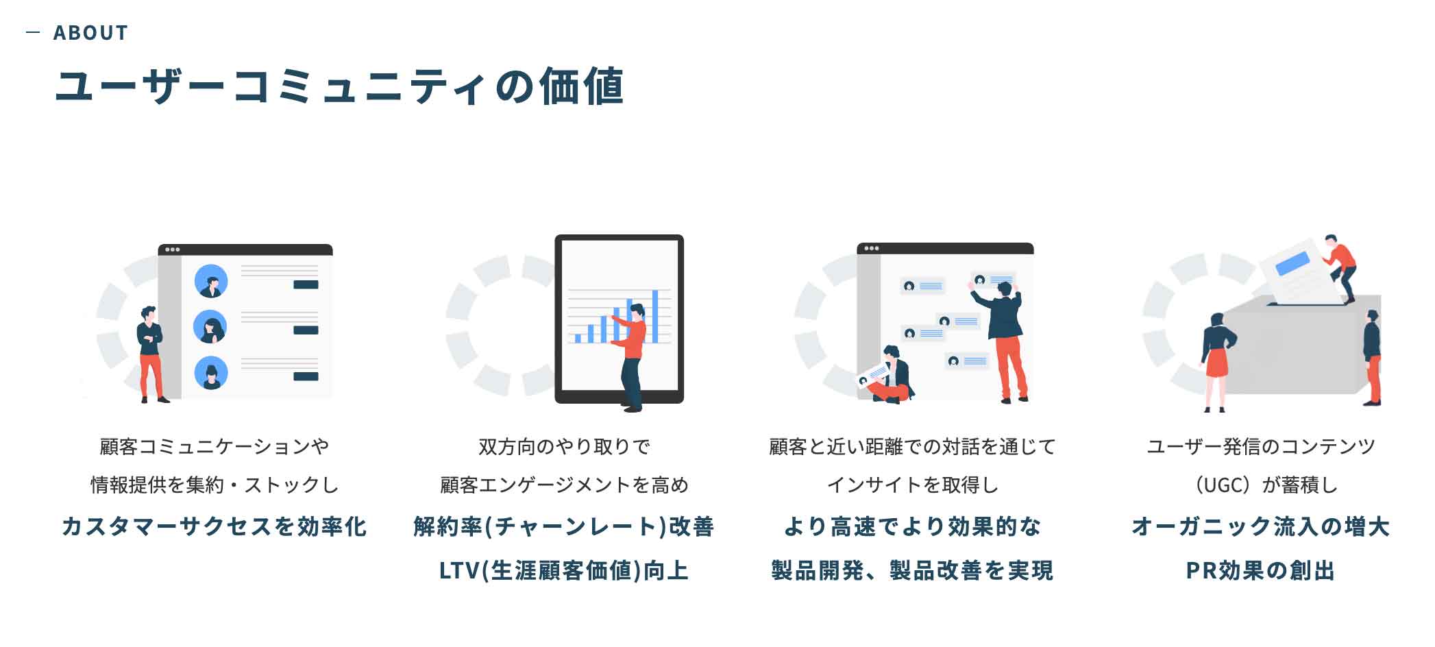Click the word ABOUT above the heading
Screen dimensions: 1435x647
tap(90, 33)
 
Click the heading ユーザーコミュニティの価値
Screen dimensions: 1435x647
tap(339, 86)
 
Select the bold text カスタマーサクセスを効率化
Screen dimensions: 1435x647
tap(214, 526)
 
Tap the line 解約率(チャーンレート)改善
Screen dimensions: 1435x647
tap(564, 526)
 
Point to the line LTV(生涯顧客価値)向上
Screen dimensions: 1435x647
tap(564, 570)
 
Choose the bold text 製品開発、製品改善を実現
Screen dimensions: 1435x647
tap(912, 570)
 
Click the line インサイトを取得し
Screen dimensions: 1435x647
tap(912, 485)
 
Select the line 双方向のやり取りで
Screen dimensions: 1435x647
tap(564, 446)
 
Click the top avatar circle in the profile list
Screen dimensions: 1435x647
tap(211, 281)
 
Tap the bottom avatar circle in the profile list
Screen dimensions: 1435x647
tap(211, 373)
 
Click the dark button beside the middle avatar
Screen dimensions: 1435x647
tap(306, 330)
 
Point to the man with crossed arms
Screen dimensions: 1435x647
tap(151, 354)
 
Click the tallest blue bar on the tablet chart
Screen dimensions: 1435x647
tap(655, 316)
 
